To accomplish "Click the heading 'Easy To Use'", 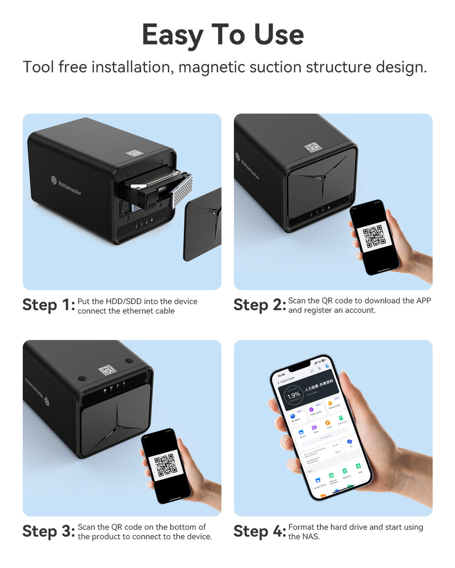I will click(222, 35).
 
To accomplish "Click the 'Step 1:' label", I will click(48, 305).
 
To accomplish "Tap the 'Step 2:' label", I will click(259, 305).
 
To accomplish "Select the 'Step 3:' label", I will click(48, 531).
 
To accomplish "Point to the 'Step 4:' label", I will click(259, 531).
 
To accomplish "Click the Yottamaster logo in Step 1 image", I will click(66, 186).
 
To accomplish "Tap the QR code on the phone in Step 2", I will click(374, 236).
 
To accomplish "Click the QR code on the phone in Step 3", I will click(166, 465).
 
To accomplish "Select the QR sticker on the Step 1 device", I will click(135, 153).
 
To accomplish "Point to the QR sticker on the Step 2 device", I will click(313, 147).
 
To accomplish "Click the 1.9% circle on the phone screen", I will click(293, 395).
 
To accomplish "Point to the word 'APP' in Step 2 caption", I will click(423, 300).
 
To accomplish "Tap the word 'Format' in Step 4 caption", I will click(302, 527).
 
